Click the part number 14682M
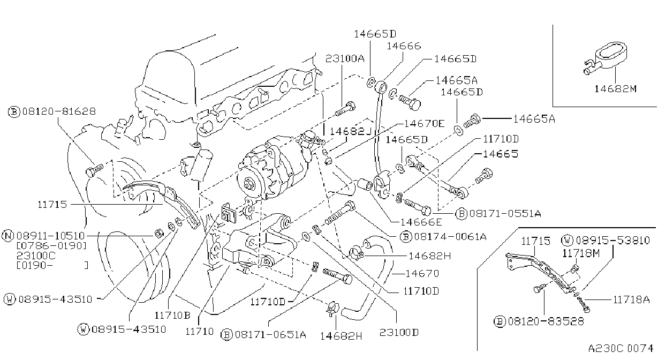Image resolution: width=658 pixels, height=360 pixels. point(615,89)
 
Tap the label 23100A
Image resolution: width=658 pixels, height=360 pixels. point(345,59)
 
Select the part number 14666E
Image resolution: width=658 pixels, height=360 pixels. point(421,222)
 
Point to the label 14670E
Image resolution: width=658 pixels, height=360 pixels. point(425,124)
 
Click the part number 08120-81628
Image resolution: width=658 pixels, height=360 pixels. point(59,111)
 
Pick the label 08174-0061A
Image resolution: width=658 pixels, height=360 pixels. point(450,237)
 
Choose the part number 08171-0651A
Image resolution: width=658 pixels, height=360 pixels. point(270,334)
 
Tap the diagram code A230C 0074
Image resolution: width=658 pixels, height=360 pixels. point(621,348)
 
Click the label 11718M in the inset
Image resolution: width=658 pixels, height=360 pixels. point(581,253)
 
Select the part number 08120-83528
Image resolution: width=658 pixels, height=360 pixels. point(546,321)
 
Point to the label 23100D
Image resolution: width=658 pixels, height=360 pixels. point(399,332)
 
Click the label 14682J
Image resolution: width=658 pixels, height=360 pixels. point(351,131)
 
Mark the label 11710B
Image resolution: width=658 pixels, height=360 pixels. point(172,316)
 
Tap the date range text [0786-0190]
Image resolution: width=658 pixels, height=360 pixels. point(52,246)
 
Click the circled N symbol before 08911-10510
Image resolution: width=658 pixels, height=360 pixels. point(7,236)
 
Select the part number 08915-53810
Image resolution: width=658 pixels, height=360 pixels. point(612,241)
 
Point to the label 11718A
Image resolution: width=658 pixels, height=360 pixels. point(631,299)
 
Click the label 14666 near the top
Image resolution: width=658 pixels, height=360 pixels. point(404,46)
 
